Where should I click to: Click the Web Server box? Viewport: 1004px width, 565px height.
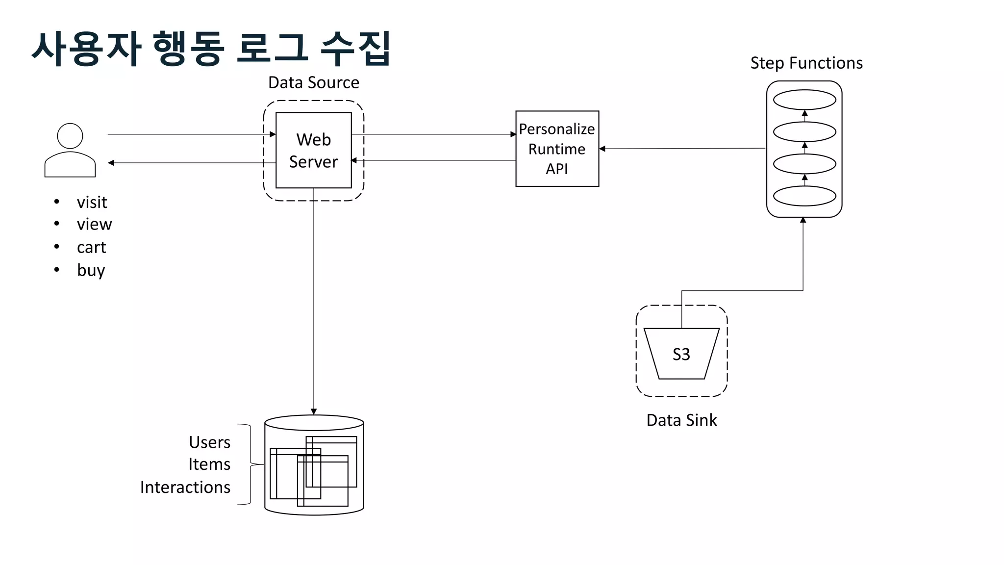pyautogui.click(x=313, y=150)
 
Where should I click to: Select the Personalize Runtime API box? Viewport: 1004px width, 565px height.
pyautogui.click(x=557, y=149)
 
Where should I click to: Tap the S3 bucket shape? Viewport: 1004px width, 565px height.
pyautogui.click(x=681, y=354)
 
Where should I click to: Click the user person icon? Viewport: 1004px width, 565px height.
pyautogui.click(x=70, y=150)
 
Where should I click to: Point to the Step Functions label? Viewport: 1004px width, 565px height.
pyautogui.click(x=806, y=63)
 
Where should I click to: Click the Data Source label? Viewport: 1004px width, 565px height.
pyautogui.click(x=313, y=82)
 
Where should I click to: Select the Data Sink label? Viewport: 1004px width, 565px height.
pyautogui.click(x=681, y=420)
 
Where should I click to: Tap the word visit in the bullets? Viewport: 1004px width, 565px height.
pyautogui.click(x=92, y=202)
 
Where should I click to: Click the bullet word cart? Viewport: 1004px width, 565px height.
pyautogui.click(x=91, y=247)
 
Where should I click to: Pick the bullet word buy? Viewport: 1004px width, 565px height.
pyautogui.click(x=91, y=270)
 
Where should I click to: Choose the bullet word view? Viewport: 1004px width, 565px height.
pyautogui.click(x=94, y=224)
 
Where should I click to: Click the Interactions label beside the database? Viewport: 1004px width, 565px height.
pyautogui.click(x=185, y=487)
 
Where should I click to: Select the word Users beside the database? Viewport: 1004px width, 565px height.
pyautogui.click(x=209, y=442)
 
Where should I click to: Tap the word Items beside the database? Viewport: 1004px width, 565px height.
pyautogui.click(x=209, y=464)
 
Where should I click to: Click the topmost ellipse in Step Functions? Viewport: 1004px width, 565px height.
pyautogui.click(x=804, y=100)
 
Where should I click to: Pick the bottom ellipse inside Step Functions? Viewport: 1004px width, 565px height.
pyautogui.click(x=804, y=196)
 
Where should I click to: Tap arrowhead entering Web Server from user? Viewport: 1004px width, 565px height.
pyautogui.click(x=273, y=134)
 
